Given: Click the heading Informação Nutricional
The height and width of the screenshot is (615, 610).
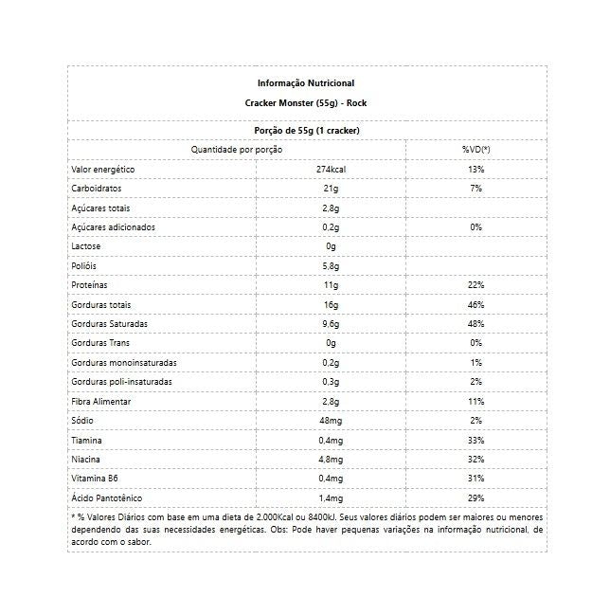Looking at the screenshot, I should [x=306, y=83].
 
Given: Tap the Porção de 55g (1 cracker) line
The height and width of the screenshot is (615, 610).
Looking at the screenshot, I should [x=306, y=131].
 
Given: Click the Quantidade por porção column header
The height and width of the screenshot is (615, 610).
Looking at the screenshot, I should [x=236, y=150].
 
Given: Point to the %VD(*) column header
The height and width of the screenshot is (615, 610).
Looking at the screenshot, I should [x=475, y=150].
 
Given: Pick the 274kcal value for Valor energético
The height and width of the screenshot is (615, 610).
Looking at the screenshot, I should [x=331, y=169].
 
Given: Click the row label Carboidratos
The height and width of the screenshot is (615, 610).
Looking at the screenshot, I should [x=97, y=189].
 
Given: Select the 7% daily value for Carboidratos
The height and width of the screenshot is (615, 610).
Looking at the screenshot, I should [x=475, y=189].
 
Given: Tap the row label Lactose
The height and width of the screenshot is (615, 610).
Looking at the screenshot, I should [x=87, y=246].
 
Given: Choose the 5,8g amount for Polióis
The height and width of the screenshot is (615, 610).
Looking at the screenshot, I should [x=331, y=266].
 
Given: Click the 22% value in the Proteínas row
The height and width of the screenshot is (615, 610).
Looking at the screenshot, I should [x=475, y=285].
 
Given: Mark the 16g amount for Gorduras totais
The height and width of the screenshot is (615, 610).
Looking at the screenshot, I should [x=331, y=305].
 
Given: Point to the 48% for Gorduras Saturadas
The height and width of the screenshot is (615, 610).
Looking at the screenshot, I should [x=475, y=324].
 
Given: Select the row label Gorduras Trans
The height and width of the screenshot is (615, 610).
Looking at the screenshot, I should [x=101, y=343].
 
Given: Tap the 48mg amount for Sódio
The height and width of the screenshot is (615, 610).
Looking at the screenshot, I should [x=331, y=421].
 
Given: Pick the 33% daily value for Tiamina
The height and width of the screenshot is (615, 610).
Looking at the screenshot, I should [x=475, y=441].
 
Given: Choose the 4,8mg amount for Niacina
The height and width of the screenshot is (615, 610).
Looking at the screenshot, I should [x=331, y=460].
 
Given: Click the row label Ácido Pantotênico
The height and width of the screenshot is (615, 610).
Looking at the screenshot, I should [x=108, y=498].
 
